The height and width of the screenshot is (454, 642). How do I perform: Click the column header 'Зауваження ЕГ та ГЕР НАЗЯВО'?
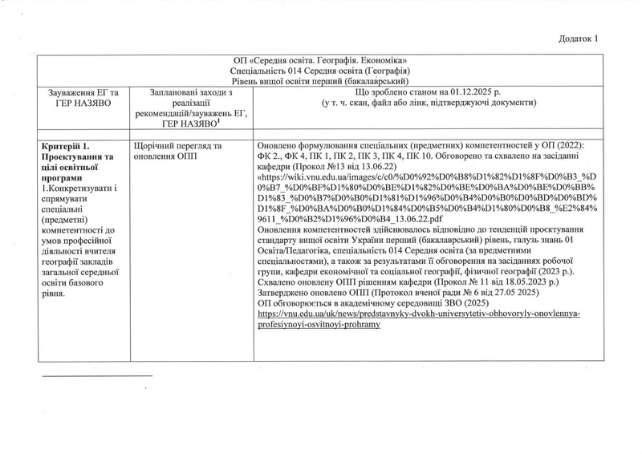point(77,99)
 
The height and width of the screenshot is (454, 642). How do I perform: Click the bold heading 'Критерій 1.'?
point(67,144)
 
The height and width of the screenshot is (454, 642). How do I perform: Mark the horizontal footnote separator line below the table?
point(96,375)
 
